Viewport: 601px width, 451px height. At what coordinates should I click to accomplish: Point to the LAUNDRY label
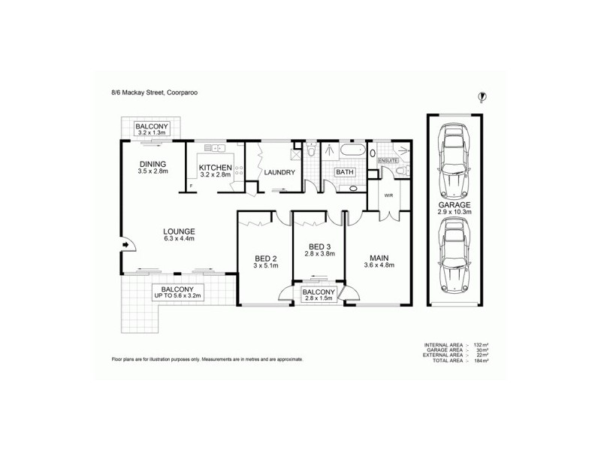(279, 173)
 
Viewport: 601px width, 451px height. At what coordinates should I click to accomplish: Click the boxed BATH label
(345, 172)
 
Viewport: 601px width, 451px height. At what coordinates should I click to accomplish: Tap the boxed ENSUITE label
(388, 161)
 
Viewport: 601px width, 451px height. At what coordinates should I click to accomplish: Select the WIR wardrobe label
(388, 195)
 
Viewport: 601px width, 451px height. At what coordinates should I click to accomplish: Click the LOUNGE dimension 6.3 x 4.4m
(180, 239)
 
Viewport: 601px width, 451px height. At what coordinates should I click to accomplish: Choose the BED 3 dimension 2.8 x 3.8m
(319, 254)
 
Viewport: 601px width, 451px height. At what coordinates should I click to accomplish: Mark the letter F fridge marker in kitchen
(191, 184)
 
